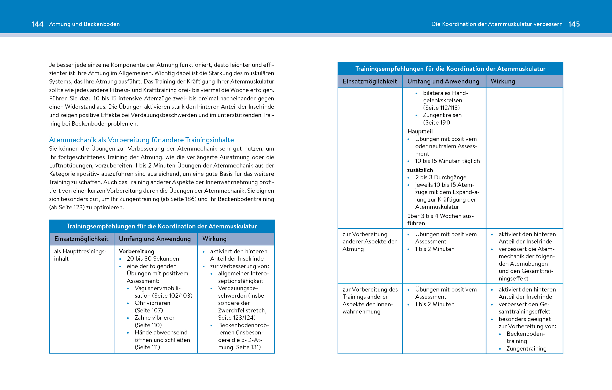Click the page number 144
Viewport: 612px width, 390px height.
click(x=37, y=24)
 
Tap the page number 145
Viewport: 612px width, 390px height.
click(x=574, y=24)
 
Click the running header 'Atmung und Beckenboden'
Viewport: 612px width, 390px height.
click(x=84, y=24)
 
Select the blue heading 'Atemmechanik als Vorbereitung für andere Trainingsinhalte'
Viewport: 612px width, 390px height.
click(x=141, y=140)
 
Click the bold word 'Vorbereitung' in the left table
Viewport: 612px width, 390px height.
click(x=136, y=251)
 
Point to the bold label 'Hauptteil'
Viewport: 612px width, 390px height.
click(x=420, y=131)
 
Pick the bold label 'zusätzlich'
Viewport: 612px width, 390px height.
click(x=420, y=170)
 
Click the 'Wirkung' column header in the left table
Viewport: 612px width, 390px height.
click(x=214, y=239)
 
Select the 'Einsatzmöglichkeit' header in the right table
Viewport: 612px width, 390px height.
click(x=370, y=81)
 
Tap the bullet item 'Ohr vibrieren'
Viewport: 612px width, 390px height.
click(x=152, y=303)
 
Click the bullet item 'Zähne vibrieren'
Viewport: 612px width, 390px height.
click(x=155, y=318)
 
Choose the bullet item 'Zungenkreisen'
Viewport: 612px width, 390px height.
click(x=442, y=115)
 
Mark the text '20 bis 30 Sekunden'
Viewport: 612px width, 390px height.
click(x=153, y=258)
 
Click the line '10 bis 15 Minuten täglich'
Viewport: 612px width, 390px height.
click(x=447, y=161)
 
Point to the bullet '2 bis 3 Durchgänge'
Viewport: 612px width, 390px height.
click(x=440, y=177)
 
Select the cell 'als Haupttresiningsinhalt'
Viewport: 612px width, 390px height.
click(x=80, y=255)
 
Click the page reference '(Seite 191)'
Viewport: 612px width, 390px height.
click(x=436, y=122)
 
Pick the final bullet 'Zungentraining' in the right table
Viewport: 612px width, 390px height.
click(x=526, y=348)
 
